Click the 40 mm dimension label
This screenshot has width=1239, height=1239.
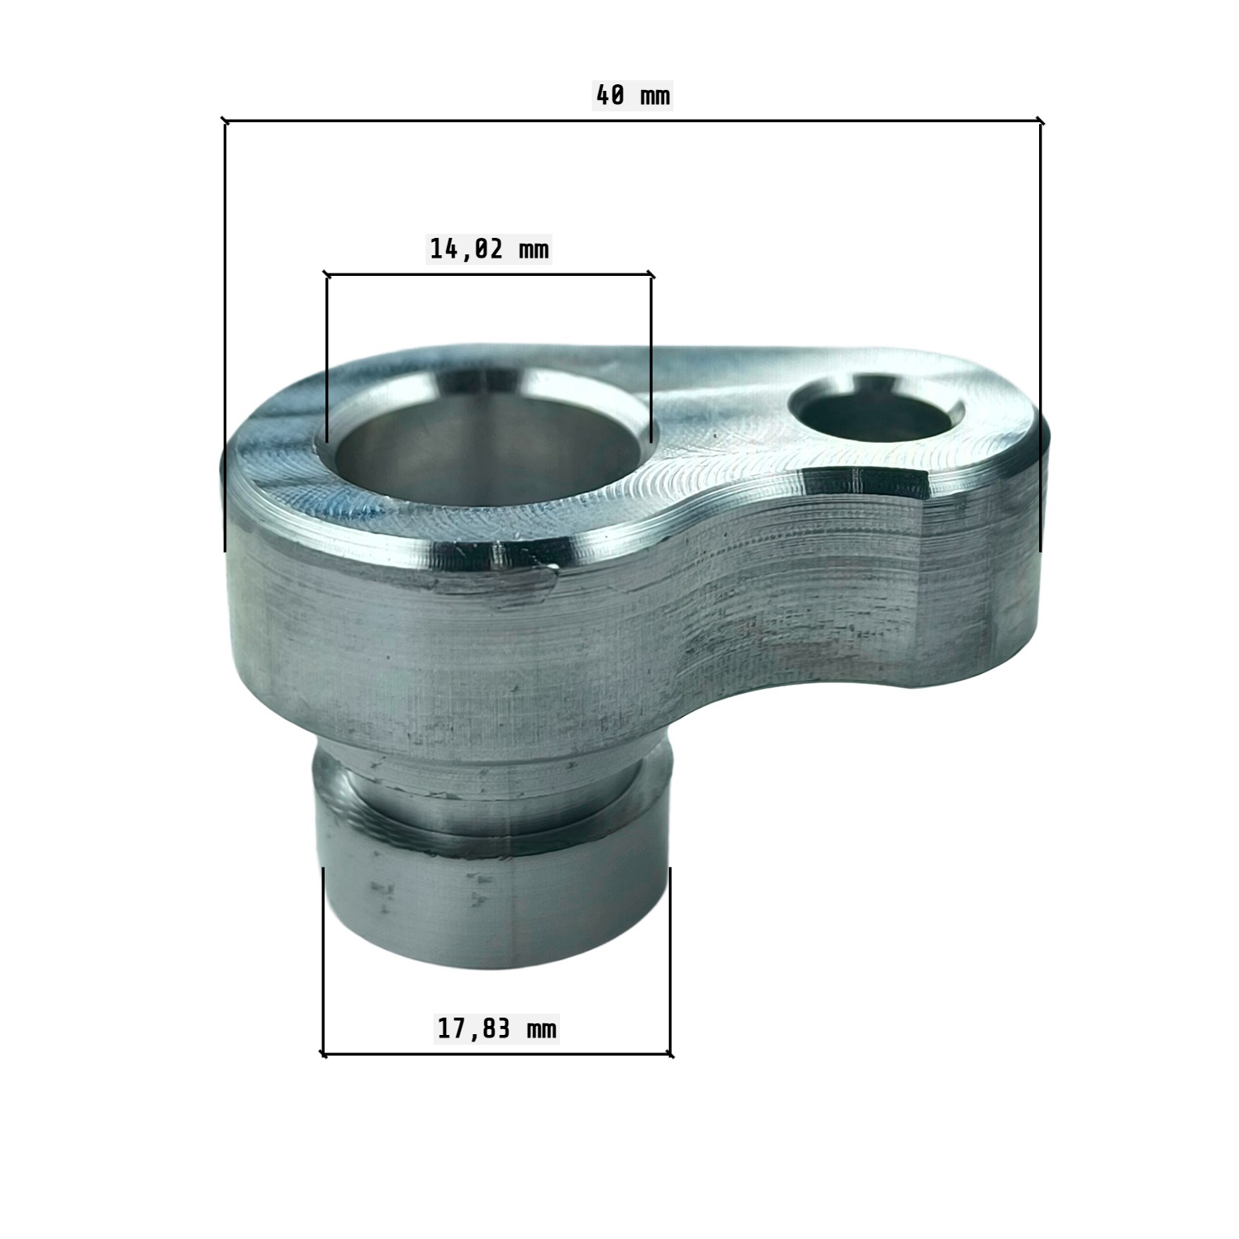633,96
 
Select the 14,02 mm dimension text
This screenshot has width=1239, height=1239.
489,248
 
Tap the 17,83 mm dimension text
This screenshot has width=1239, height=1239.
496,1029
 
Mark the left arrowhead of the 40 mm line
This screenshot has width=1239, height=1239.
225,122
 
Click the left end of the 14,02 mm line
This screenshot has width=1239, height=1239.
327,273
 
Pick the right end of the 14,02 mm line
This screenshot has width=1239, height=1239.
651,273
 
